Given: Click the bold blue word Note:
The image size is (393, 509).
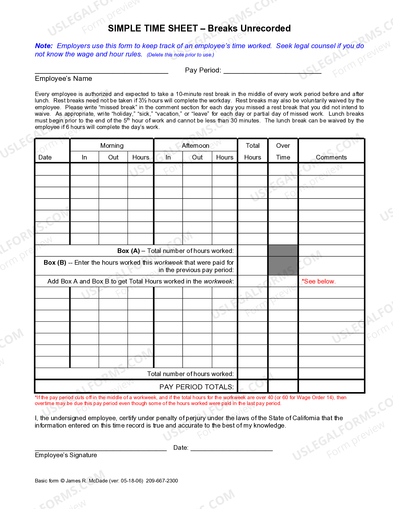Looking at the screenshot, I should click(44, 46).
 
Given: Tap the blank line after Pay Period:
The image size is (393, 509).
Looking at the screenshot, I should click(272, 71).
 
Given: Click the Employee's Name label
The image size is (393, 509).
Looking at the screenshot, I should click(63, 79).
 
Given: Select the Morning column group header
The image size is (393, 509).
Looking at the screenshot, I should click(112, 146).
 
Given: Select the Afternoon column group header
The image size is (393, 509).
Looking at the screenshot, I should click(195, 146).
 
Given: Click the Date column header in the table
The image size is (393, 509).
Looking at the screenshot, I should click(45, 157).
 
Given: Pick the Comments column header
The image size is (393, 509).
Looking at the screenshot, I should click(331, 157).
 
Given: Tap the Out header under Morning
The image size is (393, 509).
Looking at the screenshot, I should click(113, 157).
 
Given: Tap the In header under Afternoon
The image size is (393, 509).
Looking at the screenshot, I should click(168, 157).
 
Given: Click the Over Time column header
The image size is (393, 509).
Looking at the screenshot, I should click(283, 151).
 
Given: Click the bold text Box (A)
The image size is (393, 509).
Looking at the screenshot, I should click(129, 251).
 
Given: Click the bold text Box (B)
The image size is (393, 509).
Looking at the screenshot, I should click(55, 263).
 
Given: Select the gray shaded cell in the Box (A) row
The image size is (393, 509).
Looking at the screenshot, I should click(283, 250).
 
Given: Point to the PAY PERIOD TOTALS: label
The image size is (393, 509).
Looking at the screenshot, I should click(196, 387).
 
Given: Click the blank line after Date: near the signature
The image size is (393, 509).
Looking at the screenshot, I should click(231, 448).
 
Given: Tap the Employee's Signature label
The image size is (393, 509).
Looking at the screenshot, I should click(66, 455).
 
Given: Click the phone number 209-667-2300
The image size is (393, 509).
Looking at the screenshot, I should click(162, 481).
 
